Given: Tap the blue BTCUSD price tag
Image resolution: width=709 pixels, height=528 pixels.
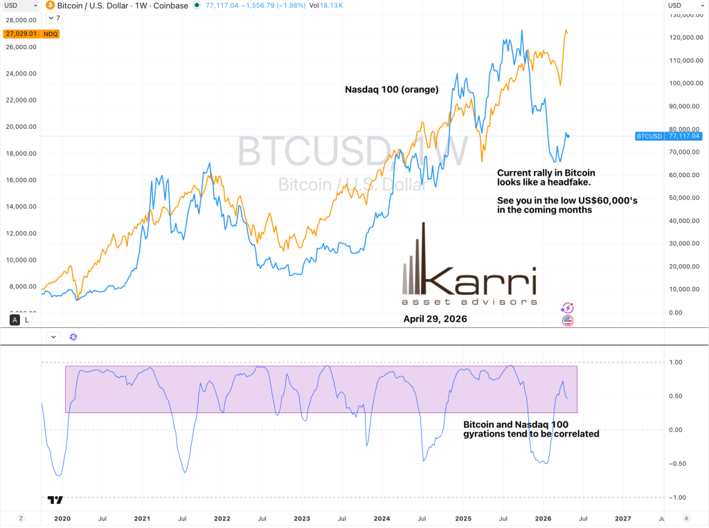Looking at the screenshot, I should (669, 136).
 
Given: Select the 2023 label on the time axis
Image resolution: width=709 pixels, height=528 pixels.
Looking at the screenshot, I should (302, 518).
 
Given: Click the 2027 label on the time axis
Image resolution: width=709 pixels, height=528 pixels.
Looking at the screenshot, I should (622, 518).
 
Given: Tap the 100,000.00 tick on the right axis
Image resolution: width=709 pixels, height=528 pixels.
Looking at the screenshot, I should (685, 83).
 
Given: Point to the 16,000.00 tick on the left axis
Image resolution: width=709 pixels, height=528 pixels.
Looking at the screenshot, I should (21, 180).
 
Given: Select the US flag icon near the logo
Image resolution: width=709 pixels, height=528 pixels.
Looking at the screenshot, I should (567, 320).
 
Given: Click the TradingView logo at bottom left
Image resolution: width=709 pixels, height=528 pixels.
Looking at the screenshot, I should (55, 499).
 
